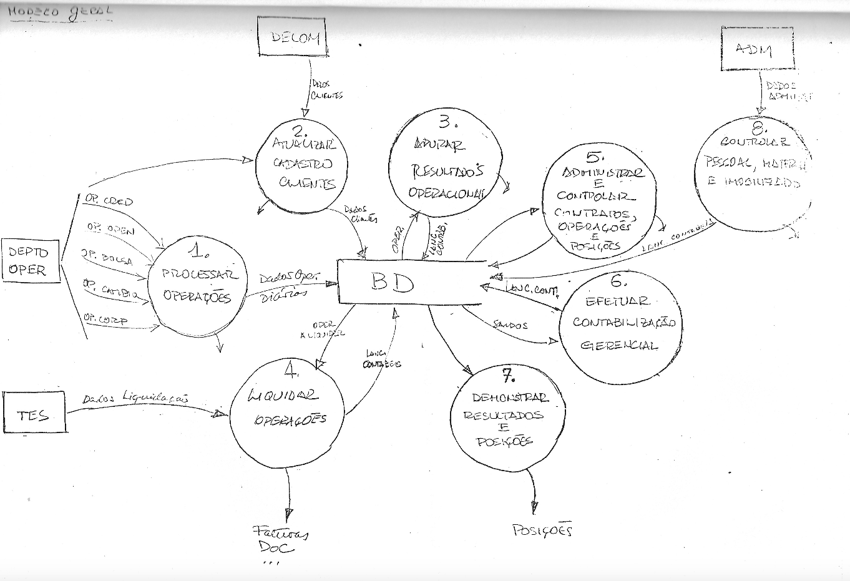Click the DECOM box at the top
point(292,38)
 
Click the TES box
point(34,413)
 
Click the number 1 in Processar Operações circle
point(199,250)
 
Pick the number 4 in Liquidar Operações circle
point(291,371)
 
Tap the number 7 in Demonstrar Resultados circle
point(508,375)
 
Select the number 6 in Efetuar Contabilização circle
point(617,280)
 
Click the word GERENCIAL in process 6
point(618,345)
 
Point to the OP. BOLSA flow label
point(107,257)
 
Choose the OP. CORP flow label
point(105,320)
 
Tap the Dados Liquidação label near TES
point(135,398)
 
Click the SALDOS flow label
point(510,325)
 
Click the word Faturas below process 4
point(280,534)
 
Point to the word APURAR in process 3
point(439,145)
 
